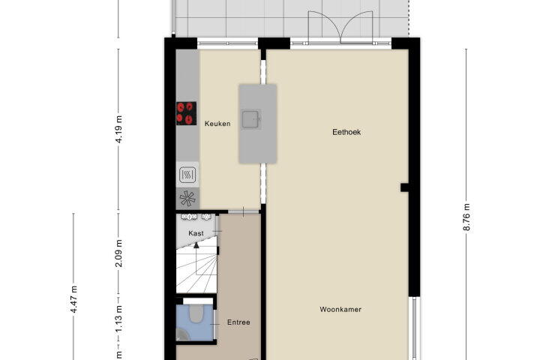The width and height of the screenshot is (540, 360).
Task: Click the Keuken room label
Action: [217, 124]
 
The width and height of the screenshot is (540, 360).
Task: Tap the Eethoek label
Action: [346, 132]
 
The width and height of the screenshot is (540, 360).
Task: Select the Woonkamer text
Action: [340, 309]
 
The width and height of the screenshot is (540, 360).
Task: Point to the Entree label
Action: [238, 322]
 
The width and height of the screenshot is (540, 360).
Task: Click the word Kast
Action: [196, 233]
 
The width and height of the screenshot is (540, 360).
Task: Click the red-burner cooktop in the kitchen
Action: [186, 113]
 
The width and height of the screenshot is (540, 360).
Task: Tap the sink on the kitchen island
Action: [251, 119]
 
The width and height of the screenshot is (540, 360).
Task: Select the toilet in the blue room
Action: [196, 313]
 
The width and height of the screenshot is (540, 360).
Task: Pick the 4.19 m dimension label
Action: [119, 129]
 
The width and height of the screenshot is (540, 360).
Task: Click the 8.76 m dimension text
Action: [466, 217]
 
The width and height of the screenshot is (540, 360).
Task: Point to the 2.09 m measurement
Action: [118, 253]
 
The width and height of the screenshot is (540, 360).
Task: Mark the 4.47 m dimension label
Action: [73, 299]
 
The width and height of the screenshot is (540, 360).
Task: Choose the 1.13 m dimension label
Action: [118, 319]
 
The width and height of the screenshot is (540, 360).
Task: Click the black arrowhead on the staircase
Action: [196, 245]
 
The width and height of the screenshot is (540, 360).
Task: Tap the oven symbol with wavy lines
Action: [187, 175]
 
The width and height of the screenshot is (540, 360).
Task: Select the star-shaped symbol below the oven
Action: [187, 199]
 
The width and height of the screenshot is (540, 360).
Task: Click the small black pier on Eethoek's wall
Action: [404, 187]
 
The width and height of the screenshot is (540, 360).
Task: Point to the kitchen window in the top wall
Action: [227, 43]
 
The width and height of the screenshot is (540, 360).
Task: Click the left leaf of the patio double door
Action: [324, 25]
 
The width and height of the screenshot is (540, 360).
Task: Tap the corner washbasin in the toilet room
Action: [181, 334]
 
